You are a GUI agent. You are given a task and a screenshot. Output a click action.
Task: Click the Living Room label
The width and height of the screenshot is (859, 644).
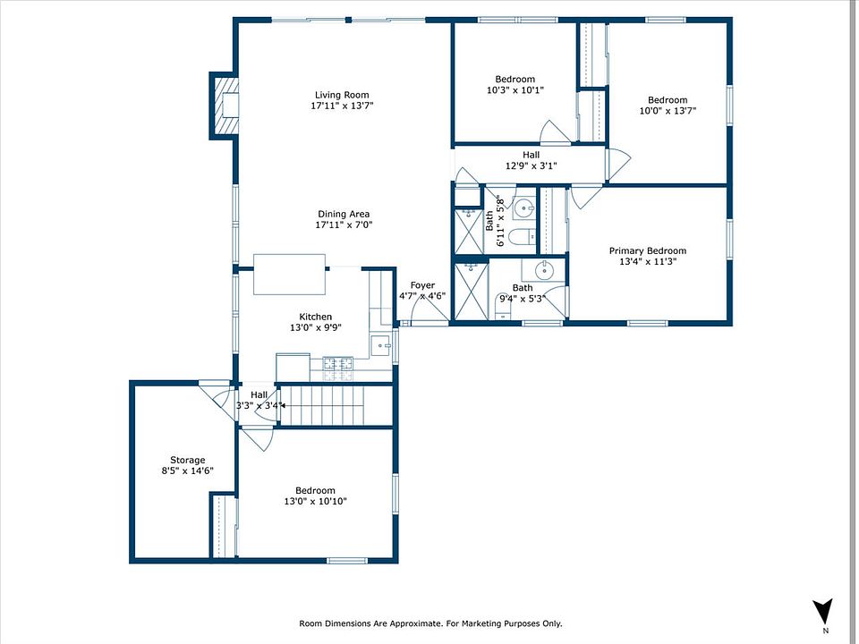(x=342, y=95)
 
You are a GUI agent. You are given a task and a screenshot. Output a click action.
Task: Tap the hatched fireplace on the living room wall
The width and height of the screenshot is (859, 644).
(x=226, y=106)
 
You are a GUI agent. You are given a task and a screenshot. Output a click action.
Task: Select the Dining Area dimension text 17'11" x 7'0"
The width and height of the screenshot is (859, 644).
(x=344, y=225)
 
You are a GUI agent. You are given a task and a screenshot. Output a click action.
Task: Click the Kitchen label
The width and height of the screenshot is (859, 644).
(x=316, y=317)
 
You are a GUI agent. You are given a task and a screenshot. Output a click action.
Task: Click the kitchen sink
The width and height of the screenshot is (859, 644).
(x=381, y=345)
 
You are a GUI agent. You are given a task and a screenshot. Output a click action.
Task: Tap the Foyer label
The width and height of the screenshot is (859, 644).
(x=422, y=285)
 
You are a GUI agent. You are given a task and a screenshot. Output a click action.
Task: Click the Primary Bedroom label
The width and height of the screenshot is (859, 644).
(x=648, y=250)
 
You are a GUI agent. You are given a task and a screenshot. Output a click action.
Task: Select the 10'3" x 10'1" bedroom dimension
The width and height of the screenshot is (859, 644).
(x=515, y=89)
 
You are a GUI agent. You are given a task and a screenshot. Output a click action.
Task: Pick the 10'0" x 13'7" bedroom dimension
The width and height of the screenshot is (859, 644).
(x=668, y=111)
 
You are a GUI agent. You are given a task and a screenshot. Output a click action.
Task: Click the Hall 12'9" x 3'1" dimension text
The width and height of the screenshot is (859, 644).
(x=531, y=165)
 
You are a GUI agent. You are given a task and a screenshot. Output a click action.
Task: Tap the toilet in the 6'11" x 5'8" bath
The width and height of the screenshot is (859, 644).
(x=522, y=237)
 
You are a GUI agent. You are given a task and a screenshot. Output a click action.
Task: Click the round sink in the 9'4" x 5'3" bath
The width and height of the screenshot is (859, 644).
(x=544, y=269)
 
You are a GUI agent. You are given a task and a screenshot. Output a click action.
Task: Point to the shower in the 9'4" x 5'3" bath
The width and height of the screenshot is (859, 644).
(x=472, y=292)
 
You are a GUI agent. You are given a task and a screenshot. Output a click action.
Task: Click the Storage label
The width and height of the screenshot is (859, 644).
(x=187, y=460)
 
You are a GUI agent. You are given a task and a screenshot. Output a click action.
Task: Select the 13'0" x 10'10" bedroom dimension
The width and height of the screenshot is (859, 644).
(x=316, y=501)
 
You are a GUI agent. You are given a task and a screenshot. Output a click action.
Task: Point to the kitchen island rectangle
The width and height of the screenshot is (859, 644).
(x=289, y=275)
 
